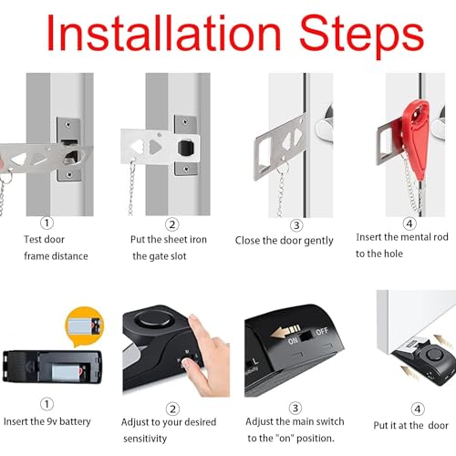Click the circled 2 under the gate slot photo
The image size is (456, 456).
172,223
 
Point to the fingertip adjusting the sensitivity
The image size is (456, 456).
191,363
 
